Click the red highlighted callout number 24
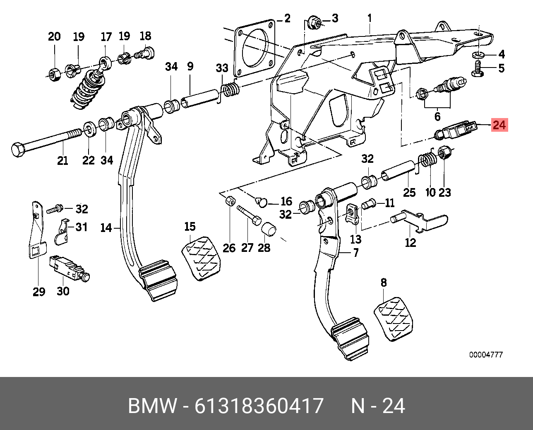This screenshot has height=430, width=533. (499, 125)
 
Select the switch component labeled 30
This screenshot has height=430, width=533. (66, 268)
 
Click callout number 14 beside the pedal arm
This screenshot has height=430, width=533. (106, 227)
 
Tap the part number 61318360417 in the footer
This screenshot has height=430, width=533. (259, 406)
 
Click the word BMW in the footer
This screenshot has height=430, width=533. (152, 406)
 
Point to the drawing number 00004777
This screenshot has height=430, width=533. (486, 355)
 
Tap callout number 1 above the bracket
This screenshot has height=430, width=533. (370, 19)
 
